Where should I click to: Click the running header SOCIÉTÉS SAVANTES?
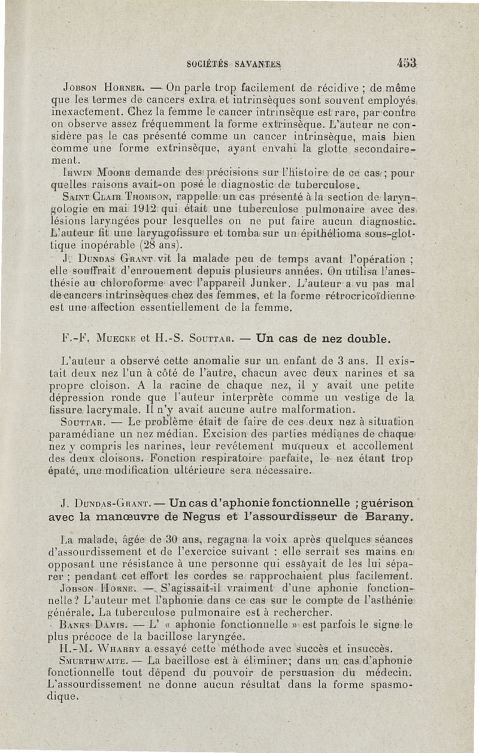tap(234, 63)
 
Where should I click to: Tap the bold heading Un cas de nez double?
tap(323, 339)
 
